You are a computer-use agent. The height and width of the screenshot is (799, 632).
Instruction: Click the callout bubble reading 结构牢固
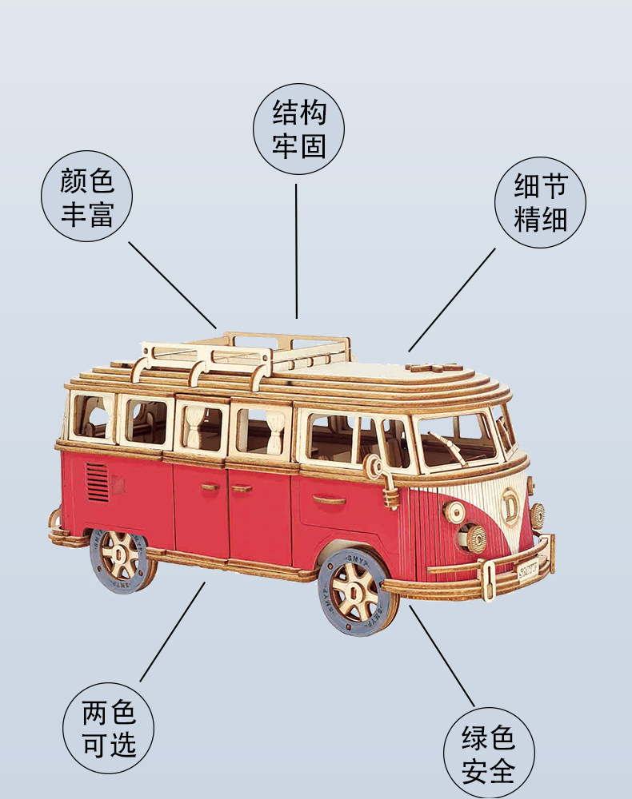(298, 129)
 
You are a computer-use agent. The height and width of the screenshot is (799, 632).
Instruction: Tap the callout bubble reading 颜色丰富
(86, 197)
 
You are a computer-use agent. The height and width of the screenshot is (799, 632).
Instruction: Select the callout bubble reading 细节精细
(540, 202)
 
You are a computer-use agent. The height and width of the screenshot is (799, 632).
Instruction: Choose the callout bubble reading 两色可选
(108, 728)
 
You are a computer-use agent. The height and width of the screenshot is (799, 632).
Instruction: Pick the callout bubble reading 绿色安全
(489, 753)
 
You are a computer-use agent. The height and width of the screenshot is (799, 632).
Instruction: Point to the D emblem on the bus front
(509, 503)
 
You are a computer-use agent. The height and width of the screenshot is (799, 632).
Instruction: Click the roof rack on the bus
(245, 356)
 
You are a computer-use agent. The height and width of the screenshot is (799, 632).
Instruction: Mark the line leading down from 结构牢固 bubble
(296, 251)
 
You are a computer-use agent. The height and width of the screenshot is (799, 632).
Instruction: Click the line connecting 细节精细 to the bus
(451, 300)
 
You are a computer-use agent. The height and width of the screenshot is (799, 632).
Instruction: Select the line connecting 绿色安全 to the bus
(442, 656)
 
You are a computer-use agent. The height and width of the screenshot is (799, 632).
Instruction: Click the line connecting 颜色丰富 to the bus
(173, 285)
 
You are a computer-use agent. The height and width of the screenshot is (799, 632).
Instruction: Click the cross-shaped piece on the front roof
(431, 367)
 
